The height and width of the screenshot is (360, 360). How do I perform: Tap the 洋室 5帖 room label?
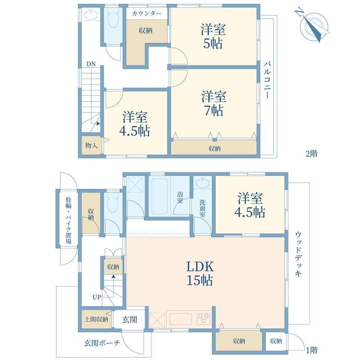point(213,37)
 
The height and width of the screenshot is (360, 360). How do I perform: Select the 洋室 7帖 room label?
point(213,103)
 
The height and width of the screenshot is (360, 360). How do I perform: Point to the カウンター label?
point(146,14)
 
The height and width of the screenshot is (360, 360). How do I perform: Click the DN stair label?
point(90,64)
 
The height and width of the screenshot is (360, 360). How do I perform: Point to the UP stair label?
point(97,297)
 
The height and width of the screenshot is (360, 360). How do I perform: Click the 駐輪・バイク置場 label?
point(68,219)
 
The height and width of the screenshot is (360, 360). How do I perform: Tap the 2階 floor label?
point(311,153)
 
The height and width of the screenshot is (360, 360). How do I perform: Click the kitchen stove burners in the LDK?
point(203,318)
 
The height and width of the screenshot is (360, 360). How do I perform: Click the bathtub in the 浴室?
point(160,197)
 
